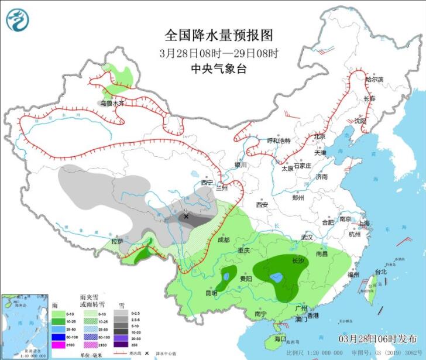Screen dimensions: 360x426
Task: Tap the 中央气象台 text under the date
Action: click(x=219, y=68)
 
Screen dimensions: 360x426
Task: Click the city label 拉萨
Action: click(x=117, y=241)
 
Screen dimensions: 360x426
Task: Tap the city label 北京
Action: click(x=319, y=136)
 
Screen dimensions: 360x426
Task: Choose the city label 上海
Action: click(x=364, y=223)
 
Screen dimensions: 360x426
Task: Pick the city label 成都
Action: click(x=224, y=240)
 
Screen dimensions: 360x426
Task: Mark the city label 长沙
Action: click(x=298, y=260)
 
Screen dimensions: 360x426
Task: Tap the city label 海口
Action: click(x=280, y=339)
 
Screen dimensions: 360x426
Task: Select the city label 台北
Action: click(x=381, y=272)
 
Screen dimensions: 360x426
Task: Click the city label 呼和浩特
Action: click(x=279, y=141)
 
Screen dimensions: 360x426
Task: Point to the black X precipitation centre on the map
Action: click(x=187, y=217)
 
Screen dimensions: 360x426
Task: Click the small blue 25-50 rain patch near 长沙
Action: click(x=275, y=277)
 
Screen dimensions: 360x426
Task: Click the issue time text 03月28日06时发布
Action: click(x=377, y=339)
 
